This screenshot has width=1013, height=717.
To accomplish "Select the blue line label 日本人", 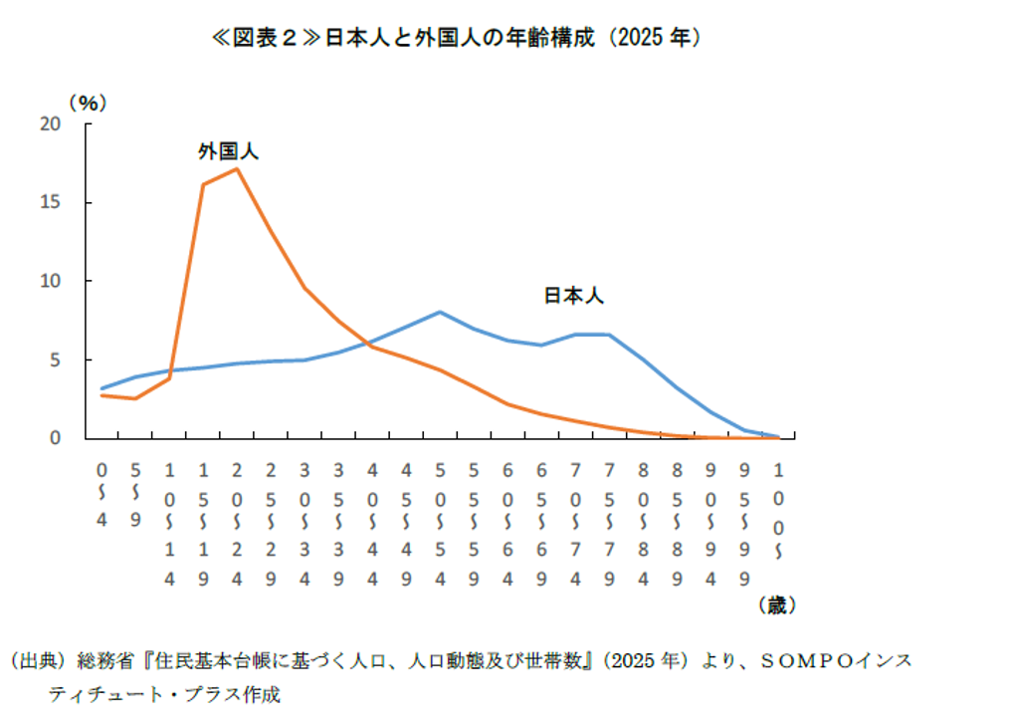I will point(573,296).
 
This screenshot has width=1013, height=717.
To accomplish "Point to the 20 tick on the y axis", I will point(51,123).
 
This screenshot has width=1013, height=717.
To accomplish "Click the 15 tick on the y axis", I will point(51,202).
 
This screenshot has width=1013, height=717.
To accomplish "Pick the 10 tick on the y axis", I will point(51,281).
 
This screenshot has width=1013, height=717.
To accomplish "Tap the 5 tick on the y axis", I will point(56,359).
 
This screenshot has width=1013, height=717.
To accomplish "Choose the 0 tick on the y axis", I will point(56,438).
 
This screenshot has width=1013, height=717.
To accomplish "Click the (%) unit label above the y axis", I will point(87,102).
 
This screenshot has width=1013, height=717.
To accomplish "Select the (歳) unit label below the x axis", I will point(775,604).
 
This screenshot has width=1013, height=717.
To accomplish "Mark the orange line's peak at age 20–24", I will point(237,168).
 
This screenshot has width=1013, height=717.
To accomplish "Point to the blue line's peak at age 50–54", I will point(440,312).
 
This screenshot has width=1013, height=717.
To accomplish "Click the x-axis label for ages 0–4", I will point(101,493).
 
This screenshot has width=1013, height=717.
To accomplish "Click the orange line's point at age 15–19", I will point(203,185).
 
